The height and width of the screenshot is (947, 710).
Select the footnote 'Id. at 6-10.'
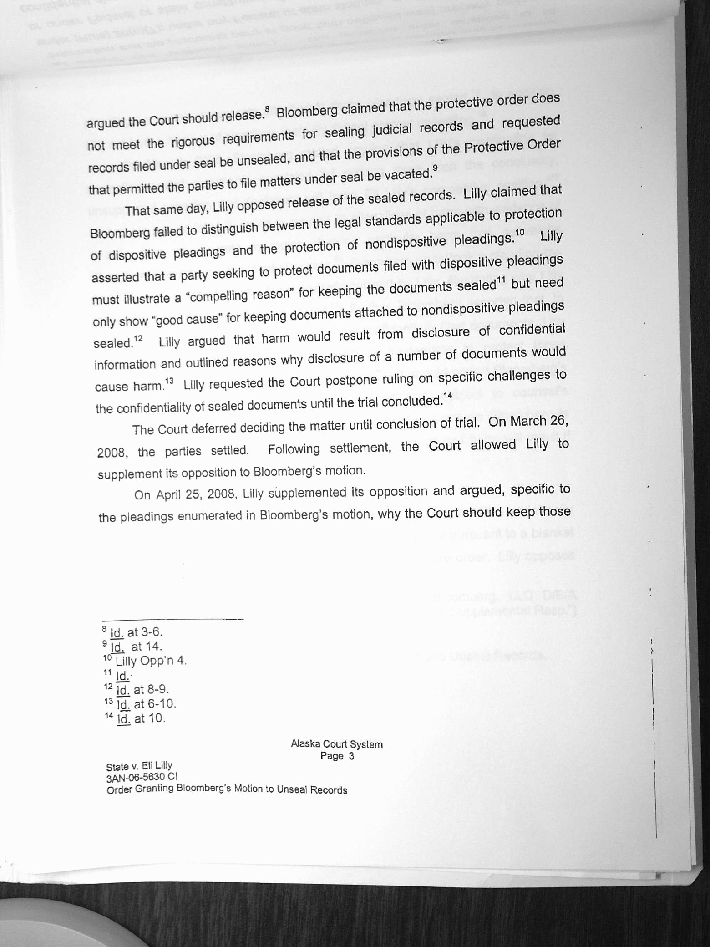[x=146, y=704]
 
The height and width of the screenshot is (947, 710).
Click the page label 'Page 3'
[x=337, y=756]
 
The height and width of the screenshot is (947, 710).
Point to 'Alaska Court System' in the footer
[x=337, y=744]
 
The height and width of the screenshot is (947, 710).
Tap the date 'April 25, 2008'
[x=196, y=494]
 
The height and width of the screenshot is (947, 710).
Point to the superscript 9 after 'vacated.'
[x=435, y=168]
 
